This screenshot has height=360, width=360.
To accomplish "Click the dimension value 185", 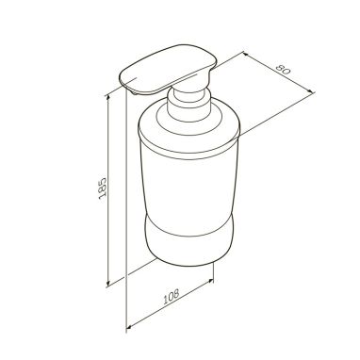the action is click(x=103, y=188).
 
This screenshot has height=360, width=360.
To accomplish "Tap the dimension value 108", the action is click(x=172, y=296).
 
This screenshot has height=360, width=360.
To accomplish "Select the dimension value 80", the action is click(x=283, y=69).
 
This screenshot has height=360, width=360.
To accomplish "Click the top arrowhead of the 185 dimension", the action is click(x=108, y=97).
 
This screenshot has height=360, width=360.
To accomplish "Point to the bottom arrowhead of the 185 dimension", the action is click(x=108, y=284).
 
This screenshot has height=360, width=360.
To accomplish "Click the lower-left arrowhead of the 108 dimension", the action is click(x=128, y=327).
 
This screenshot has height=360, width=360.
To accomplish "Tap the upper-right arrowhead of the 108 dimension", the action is click(x=211, y=281).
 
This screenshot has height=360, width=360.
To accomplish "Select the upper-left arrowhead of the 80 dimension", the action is click(x=247, y=55).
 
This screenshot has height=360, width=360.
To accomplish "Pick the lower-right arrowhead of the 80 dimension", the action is click(x=311, y=91).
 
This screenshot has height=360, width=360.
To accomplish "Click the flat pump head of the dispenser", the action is click(x=168, y=69).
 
